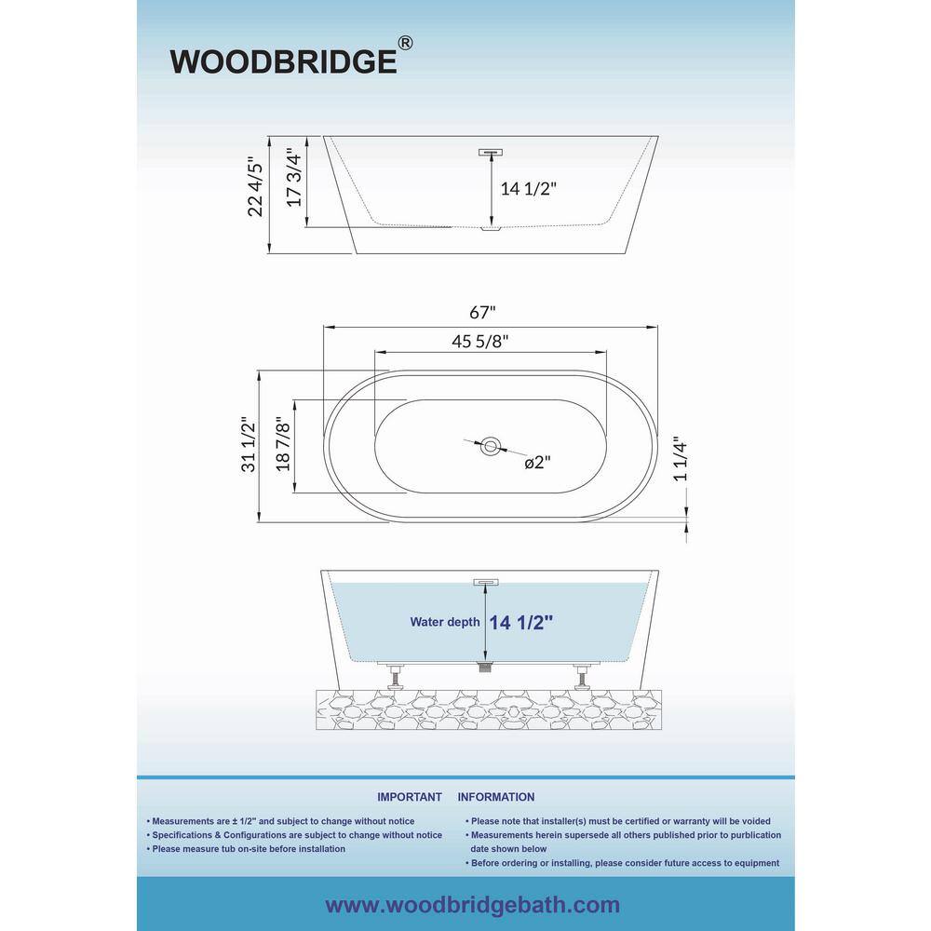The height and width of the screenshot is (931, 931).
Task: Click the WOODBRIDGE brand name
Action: point(284,61)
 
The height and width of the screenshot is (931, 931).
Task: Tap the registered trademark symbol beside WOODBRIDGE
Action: point(406,44)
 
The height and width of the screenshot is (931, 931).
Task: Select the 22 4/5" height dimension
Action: point(255,187)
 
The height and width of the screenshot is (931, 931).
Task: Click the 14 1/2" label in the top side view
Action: point(529,189)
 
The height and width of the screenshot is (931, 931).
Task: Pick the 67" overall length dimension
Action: point(482,312)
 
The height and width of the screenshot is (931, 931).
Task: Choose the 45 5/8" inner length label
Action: point(480,342)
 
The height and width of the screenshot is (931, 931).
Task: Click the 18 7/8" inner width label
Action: point(283,444)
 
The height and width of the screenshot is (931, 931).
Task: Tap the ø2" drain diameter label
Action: point(538,462)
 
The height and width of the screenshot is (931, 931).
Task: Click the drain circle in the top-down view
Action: point(491,446)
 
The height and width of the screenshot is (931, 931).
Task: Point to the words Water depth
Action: point(445,622)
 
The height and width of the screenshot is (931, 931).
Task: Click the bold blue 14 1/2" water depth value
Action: point(520,622)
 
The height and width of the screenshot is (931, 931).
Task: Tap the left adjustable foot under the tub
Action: point(394,677)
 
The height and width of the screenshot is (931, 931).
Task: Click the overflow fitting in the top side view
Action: point(491,153)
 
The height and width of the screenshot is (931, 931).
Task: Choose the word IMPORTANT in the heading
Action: point(410,797)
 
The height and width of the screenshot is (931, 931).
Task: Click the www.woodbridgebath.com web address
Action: point(473,905)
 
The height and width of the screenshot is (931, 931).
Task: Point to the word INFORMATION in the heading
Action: point(496,797)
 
